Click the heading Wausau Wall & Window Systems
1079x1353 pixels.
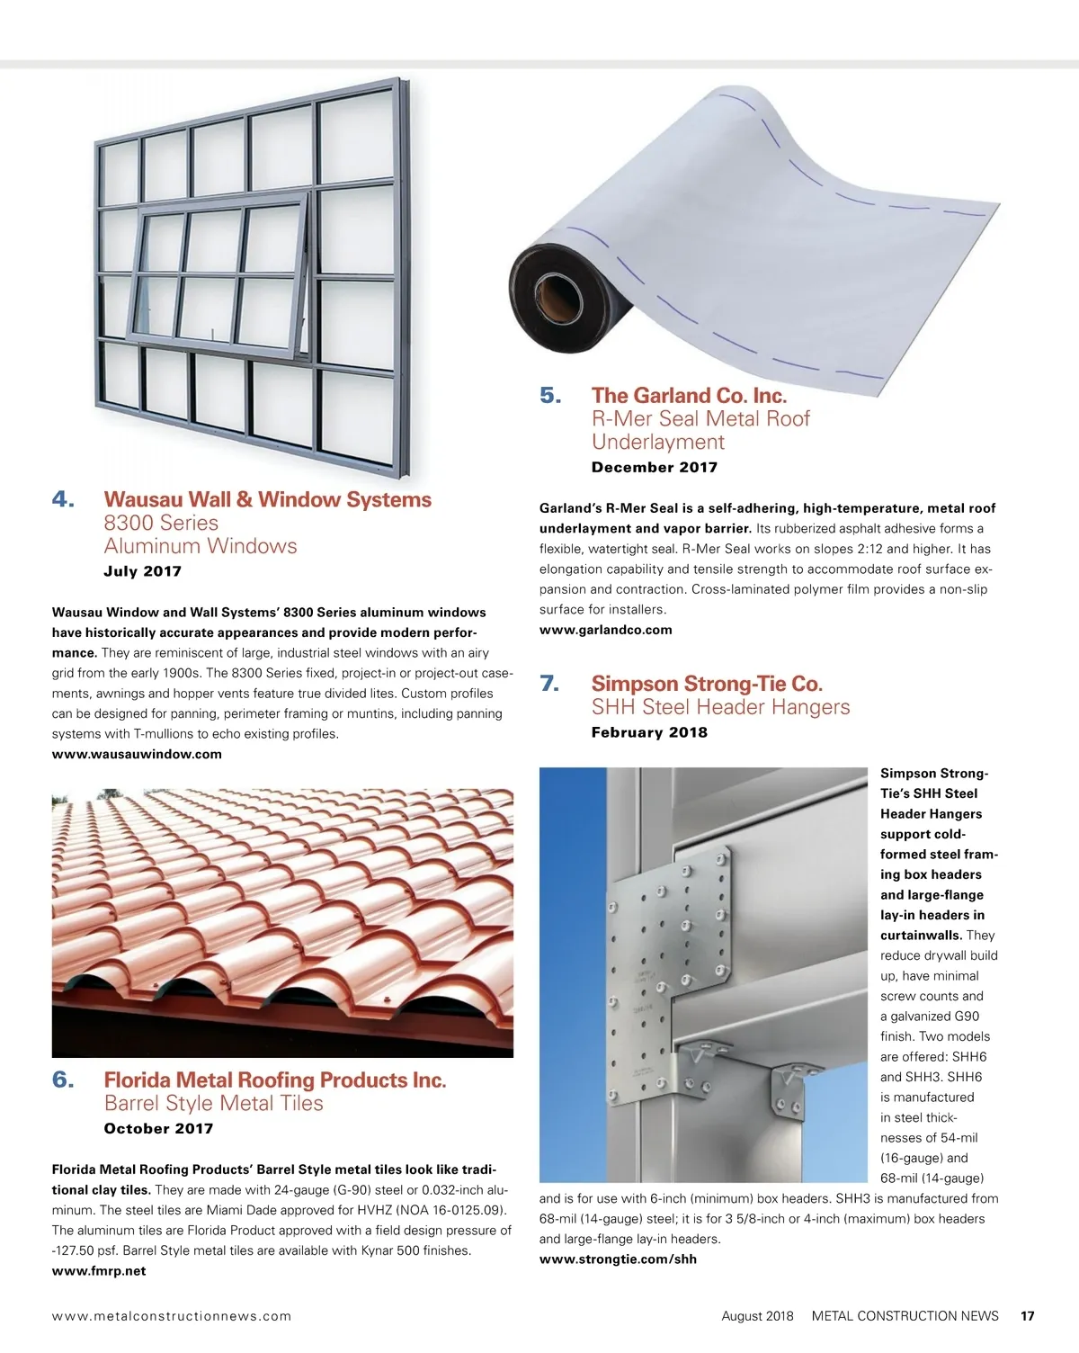(x=267, y=500)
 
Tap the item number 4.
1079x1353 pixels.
(x=63, y=500)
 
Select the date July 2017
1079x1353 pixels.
(x=143, y=571)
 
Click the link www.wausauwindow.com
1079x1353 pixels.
(x=137, y=754)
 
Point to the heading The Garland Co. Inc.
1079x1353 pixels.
(x=689, y=396)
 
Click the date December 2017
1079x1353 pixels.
(x=655, y=467)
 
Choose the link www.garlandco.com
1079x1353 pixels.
(x=605, y=630)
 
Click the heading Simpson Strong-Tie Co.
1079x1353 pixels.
(x=707, y=685)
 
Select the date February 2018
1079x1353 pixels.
(x=649, y=732)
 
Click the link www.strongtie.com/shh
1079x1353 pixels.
(x=618, y=1259)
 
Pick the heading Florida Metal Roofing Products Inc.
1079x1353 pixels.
(x=275, y=1080)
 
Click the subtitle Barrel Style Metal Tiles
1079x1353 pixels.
(x=214, y=1104)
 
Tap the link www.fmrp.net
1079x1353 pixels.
(x=99, y=1271)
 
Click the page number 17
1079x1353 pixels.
(x=1027, y=1316)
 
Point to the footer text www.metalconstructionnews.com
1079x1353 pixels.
(x=172, y=1316)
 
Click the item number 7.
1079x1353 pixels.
(x=549, y=685)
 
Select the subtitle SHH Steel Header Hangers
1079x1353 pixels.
(x=720, y=708)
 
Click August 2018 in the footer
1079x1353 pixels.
(x=757, y=1316)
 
